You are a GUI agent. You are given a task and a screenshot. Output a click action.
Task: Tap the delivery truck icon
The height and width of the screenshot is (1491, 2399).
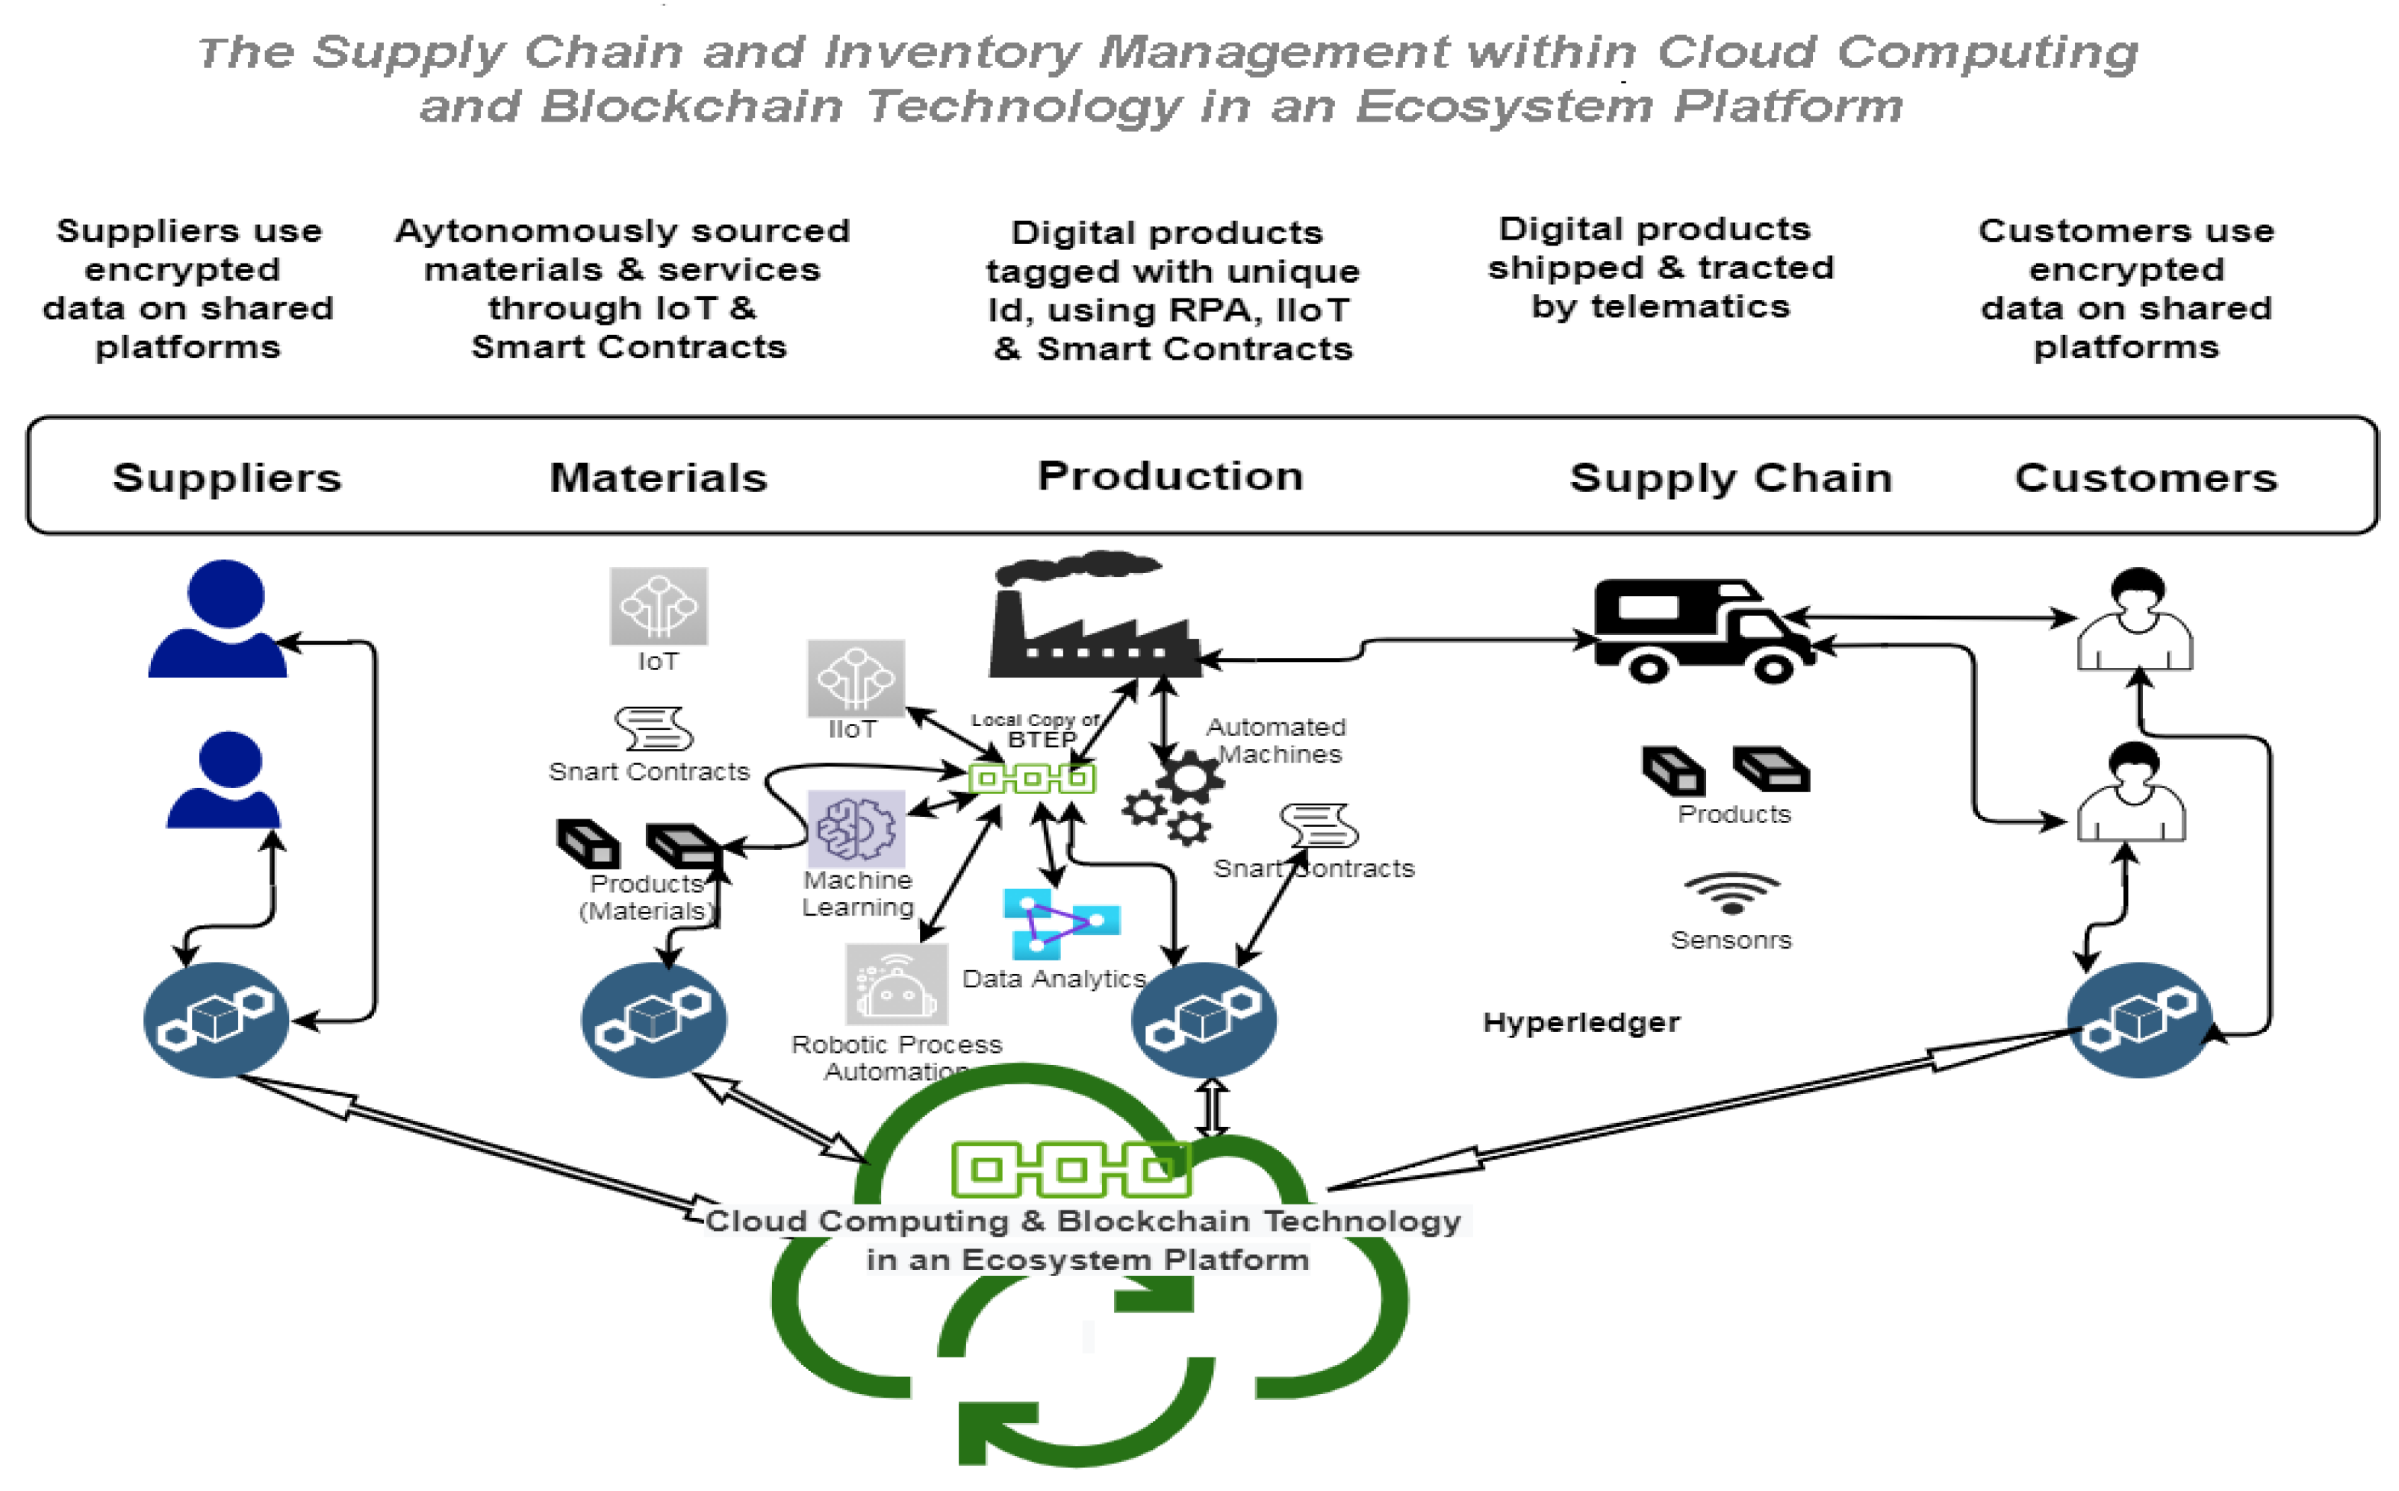coord(1702,631)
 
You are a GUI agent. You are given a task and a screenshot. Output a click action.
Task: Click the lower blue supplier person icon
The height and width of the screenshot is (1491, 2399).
coord(225,781)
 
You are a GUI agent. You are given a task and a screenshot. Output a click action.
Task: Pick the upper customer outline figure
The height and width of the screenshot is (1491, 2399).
coord(2135,621)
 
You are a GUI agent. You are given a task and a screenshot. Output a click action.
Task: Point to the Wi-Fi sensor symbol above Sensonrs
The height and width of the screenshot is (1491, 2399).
coord(1731,893)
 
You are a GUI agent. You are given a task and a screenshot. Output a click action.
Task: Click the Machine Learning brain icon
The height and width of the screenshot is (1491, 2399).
coord(855,828)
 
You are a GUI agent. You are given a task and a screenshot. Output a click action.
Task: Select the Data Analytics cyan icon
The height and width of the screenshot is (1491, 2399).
coord(1057,923)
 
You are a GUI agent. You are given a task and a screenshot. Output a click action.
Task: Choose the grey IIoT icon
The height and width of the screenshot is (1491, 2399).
coord(855,678)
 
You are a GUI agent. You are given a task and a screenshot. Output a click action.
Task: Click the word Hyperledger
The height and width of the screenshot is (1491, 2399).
coord(1581,1022)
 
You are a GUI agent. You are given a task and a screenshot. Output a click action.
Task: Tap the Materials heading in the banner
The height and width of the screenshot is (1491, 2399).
coord(658,478)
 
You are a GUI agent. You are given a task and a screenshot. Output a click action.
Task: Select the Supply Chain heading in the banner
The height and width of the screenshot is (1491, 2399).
coord(1731,478)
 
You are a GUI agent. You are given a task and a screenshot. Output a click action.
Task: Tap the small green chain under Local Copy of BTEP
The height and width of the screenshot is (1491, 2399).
coord(1032,779)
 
